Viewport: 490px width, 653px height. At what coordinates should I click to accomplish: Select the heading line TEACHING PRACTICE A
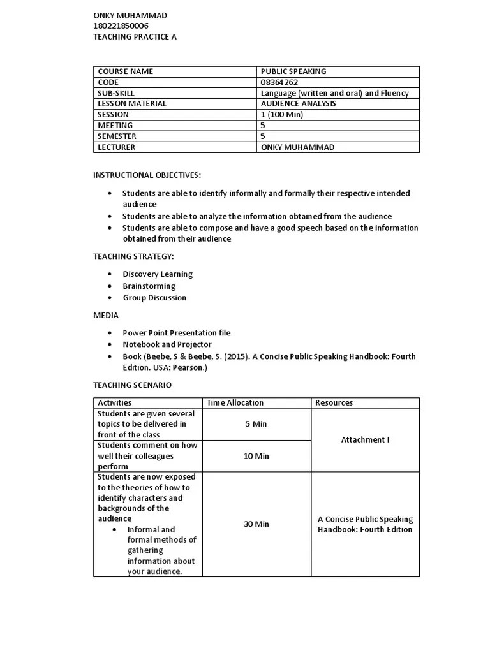[x=135, y=37]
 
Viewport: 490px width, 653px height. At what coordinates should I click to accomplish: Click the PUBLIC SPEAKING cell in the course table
[x=293, y=71]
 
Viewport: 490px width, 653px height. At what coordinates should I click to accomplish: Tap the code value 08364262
[x=279, y=82]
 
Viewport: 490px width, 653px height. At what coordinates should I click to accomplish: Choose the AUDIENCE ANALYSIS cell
[x=299, y=104]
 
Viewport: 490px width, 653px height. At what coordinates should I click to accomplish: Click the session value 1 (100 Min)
[x=282, y=115]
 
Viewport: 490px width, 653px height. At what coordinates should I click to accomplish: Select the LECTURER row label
[x=116, y=147]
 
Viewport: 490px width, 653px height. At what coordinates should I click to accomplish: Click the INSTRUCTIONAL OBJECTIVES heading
[x=147, y=175]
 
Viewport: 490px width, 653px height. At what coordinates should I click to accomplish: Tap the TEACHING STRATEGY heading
[x=133, y=256]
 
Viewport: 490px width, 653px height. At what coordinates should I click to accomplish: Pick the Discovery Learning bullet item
[x=158, y=274]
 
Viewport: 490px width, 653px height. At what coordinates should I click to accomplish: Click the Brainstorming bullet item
[x=149, y=286]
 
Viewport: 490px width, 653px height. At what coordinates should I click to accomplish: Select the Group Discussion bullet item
[x=154, y=298]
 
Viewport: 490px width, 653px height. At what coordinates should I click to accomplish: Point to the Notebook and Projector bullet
[x=167, y=344]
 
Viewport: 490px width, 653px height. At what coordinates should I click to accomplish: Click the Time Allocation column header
[x=235, y=403]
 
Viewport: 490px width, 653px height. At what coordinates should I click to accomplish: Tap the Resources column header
[x=334, y=403]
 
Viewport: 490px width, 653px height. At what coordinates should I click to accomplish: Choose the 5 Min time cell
[x=256, y=424]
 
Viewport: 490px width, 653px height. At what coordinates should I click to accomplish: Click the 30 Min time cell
[x=256, y=524]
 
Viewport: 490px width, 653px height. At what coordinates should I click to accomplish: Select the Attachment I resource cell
[x=365, y=440]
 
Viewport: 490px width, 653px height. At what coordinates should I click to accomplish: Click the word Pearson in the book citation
[x=191, y=368]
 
